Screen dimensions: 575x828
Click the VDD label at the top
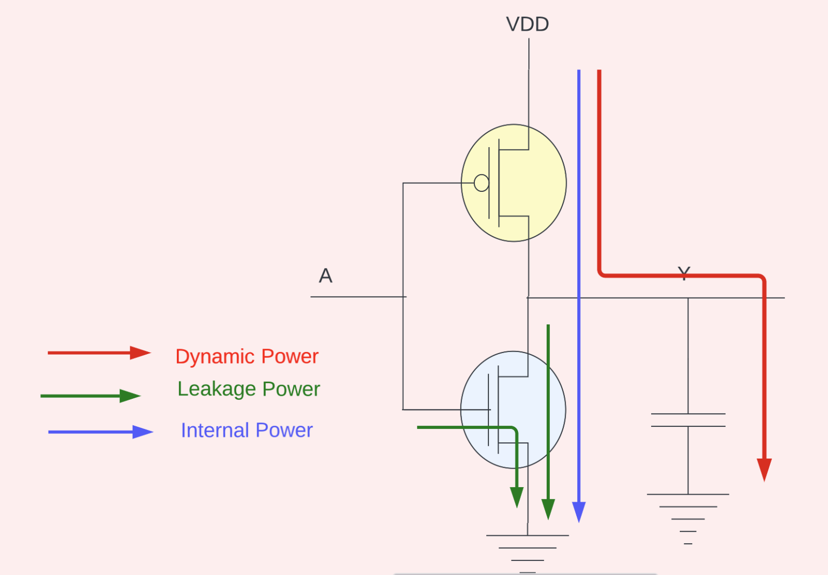pyautogui.click(x=527, y=24)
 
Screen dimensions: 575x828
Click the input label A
pyautogui.click(x=326, y=276)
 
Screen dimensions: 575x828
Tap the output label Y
pyautogui.click(x=684, y=273)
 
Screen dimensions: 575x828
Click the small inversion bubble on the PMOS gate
pyautogui.click(x=481, y=183)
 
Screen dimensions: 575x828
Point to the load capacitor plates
pyautogui.click(x=688, y=420)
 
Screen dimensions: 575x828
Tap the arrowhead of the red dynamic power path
pyautogui.click(x=764, y=469)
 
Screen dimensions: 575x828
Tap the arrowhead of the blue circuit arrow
pyautogui.click(x=579, y=511)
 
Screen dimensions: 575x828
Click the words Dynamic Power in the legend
pyautogui.click(x=247, y=357)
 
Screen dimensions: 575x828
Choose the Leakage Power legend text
pyautogui.click(x=249, y=389)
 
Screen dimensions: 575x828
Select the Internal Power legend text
pyautogui.click(x=246, y=431)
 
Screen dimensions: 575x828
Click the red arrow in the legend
pyautogui.click(x=99, y=353)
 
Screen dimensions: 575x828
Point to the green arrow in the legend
pyautogui.click(x=91, y=396)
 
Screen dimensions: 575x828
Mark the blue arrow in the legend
pyautogui.click(x=100, y=432)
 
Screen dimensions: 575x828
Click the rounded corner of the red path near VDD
pyautogui.click(x=602, y=274)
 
